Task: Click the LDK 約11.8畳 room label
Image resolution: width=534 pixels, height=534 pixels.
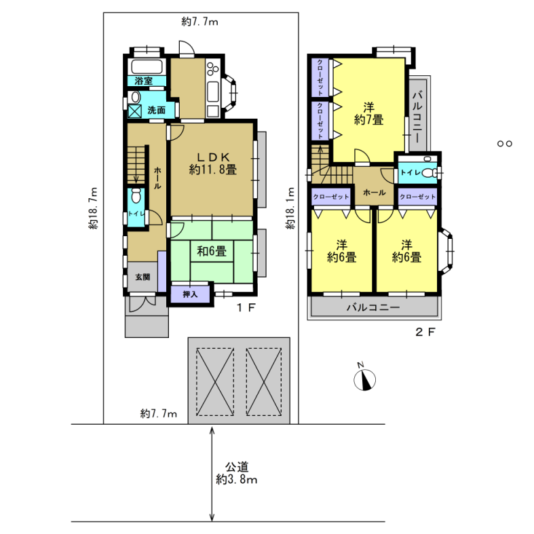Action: coord(213,164)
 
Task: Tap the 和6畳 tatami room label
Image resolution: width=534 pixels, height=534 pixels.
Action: coord(212,251)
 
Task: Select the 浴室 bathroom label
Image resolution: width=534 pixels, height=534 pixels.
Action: coord(143,81)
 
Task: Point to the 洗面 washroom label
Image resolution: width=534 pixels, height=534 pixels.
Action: coord(156,110)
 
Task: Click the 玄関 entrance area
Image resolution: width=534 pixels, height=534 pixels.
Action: coord(142,277)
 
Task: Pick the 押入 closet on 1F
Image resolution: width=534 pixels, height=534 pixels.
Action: coord(190,294)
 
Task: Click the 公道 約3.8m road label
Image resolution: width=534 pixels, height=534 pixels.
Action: coord(237,473)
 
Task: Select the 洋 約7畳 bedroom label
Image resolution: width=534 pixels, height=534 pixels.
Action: coord(369,114)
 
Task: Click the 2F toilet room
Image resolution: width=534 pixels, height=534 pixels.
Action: coord(417,172)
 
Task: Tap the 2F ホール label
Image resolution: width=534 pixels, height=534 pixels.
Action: coord(375,193)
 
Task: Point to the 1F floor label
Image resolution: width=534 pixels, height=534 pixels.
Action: coord(246,308)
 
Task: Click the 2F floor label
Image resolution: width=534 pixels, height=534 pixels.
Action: coord(425,332)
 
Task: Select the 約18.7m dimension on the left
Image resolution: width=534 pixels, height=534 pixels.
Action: coord(93,208)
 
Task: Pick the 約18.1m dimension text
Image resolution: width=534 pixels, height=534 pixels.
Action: coord(290,208)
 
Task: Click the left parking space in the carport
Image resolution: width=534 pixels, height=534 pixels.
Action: coord(215,382)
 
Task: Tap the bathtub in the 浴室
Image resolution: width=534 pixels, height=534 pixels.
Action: coord(147,66)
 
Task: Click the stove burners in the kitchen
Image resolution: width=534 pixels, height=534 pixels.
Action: coord(212,69)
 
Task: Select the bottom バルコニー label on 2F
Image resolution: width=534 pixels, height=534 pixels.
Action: coord(373,307)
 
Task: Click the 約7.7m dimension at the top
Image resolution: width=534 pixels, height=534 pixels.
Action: coord(199,22)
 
